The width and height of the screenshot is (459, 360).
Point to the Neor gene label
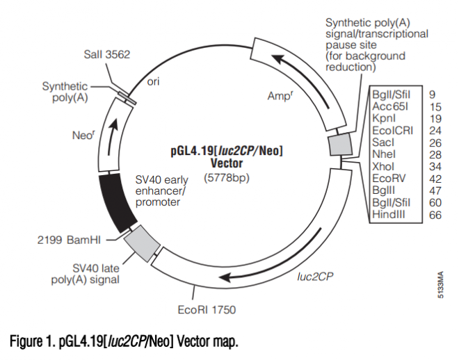point(83,136)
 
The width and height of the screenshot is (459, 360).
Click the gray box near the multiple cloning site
point(339,145)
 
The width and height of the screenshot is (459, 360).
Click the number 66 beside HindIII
point(435,215)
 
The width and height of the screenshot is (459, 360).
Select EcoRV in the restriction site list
point(387,178)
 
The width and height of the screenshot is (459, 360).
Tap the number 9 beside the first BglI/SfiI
point(432,94)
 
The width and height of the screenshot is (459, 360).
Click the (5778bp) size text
point(227,177)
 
